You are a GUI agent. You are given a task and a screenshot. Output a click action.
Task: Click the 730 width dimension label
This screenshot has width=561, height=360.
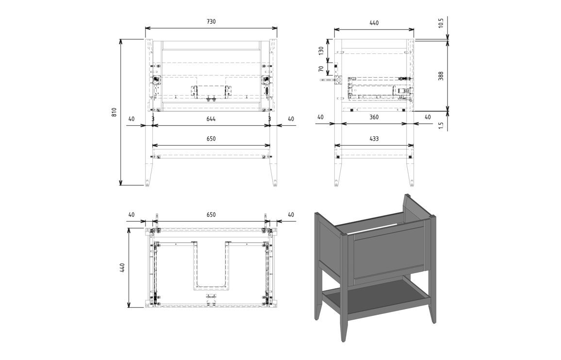pos(211,21)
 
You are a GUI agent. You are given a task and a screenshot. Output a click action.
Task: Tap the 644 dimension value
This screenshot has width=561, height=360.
pos(211,119)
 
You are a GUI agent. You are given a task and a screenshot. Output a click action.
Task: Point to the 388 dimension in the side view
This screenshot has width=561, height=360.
pos(441,76)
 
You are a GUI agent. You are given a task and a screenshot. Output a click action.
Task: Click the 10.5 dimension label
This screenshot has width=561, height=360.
pos(441,22)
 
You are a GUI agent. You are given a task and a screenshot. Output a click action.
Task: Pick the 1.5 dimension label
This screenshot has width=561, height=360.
pos(441,125)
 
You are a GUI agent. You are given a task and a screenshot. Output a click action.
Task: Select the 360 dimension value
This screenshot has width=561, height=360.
pos(374,117)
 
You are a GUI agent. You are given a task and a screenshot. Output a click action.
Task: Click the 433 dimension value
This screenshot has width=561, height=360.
pos(374,139)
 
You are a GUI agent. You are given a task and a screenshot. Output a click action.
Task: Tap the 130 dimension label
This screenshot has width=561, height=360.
pos(321,50)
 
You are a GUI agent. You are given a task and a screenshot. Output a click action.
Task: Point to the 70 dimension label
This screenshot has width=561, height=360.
pos(321,68)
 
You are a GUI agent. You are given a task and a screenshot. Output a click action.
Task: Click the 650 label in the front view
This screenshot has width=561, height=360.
pos(211,139)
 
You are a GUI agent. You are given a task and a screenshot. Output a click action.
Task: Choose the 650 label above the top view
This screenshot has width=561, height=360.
pos(211,215)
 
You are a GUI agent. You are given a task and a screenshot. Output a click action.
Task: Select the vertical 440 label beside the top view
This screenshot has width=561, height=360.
pos(122,268)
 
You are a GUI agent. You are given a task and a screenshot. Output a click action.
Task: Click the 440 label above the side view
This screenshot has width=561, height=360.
pos(374,23)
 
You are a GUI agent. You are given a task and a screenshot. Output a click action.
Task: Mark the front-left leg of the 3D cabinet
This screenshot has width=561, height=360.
pos(344,286)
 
